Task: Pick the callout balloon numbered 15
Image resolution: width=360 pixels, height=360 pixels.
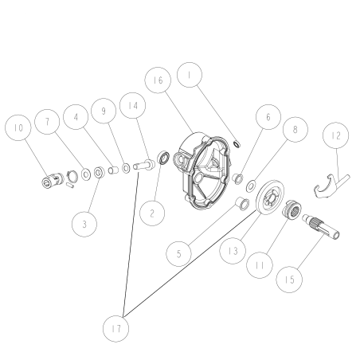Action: tap(291, 279)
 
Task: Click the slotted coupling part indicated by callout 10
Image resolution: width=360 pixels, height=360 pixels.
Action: tap(53, 183)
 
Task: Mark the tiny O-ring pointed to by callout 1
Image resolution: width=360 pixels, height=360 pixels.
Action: tap(237, 143)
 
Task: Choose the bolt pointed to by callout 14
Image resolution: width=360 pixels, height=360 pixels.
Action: tap(144, 166)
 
